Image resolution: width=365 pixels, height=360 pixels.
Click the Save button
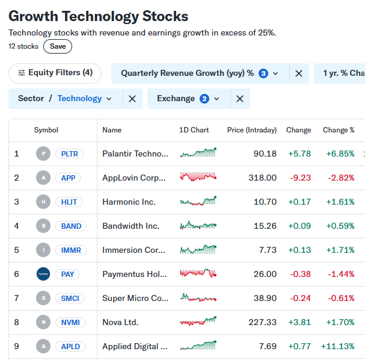pyautogui.click(x=58, y=46)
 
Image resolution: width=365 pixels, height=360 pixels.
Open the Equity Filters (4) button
pyautogui.click(x=55, y=73)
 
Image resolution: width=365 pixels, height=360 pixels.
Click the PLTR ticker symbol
pyautogui.click(x=69, y=154)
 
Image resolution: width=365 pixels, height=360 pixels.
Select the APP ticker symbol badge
pyautogui.click(x=68, y=178)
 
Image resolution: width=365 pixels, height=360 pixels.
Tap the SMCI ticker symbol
pyautogui.click(x=69, y=298)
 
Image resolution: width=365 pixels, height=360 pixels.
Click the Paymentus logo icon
pyautogui.click(x=43, y=274)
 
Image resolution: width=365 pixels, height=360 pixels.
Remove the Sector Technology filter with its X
pyautogui.click(x=132, y=99)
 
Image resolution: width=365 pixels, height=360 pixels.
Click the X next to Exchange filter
pyautogui.click(x=239, y=99)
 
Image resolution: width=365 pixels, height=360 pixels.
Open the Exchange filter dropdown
pyautogui.click(x=188, y=99)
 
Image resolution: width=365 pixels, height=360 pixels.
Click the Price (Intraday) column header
pyautogui.click(x=252, y=130)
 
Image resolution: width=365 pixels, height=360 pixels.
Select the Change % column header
pyautogui.click(x=339, y=130)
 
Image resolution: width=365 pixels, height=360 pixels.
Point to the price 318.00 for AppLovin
pyautogui.click(x=263, y=178)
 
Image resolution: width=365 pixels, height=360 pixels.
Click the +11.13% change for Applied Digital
pyautogui.click(x=338, y=346)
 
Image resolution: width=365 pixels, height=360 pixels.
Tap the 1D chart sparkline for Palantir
pyautogui.click(x=198, y=154)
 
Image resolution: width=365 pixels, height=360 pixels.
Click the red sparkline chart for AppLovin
pyautogui.click(x=198, y=177)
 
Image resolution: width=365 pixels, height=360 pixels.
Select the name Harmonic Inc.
pyautogui.click(x=129, y=202)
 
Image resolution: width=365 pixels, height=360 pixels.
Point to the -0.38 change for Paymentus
pyautogui.click(x=299, y=274)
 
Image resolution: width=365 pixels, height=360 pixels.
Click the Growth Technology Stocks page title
pyautogui.click(x=98, y=16)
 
